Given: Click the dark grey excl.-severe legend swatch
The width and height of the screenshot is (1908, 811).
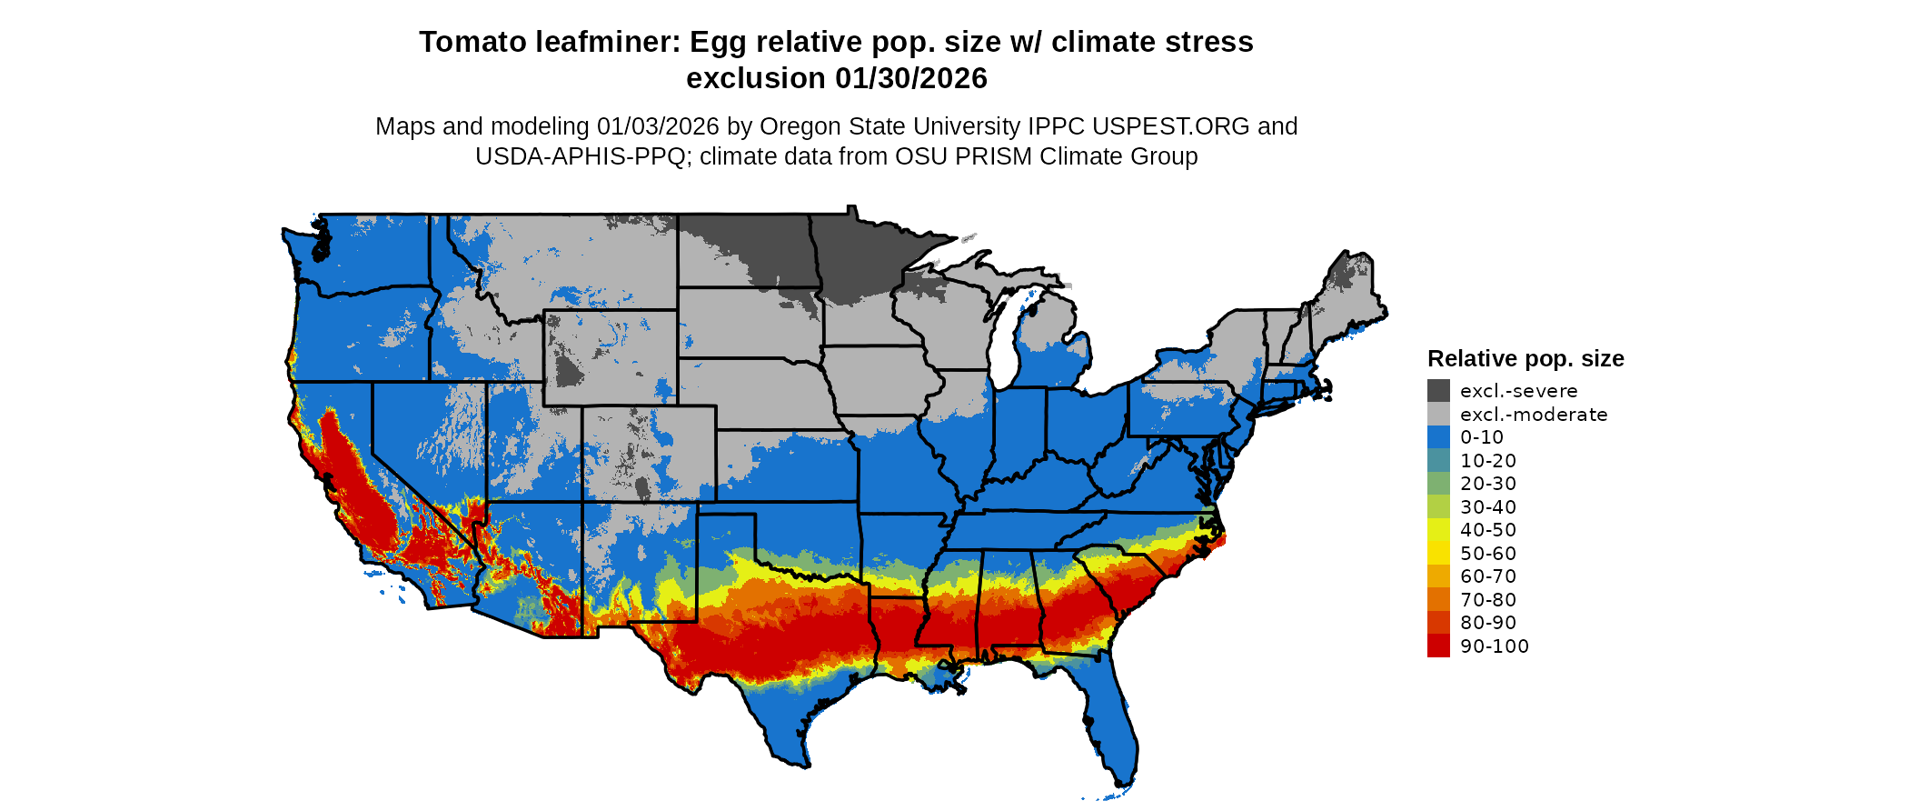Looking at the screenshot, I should (x=1438, y=391).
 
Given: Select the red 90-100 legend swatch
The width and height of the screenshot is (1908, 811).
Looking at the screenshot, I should (x=1438, y=646).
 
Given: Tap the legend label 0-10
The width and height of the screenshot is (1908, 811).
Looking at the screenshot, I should (x=1482, y=437).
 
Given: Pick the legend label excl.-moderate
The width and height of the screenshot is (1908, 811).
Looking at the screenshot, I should (x=1534, y=415).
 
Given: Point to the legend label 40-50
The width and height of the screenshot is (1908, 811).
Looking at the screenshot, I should (x=1488, y=530).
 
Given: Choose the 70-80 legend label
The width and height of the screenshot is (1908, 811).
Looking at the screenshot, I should (x=1488, y=600).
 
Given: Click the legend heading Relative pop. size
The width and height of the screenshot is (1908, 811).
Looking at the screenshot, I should (x=1525, y=358).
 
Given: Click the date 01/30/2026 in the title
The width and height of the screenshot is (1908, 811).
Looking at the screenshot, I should (x=911, y=78).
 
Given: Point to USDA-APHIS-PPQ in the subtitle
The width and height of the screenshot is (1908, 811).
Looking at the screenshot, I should (x=580, y=156).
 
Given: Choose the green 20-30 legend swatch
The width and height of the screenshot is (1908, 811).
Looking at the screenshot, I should (x=1438, y=484).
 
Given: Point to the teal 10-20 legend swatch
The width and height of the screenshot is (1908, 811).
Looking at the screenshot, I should (x=1438, y=461).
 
